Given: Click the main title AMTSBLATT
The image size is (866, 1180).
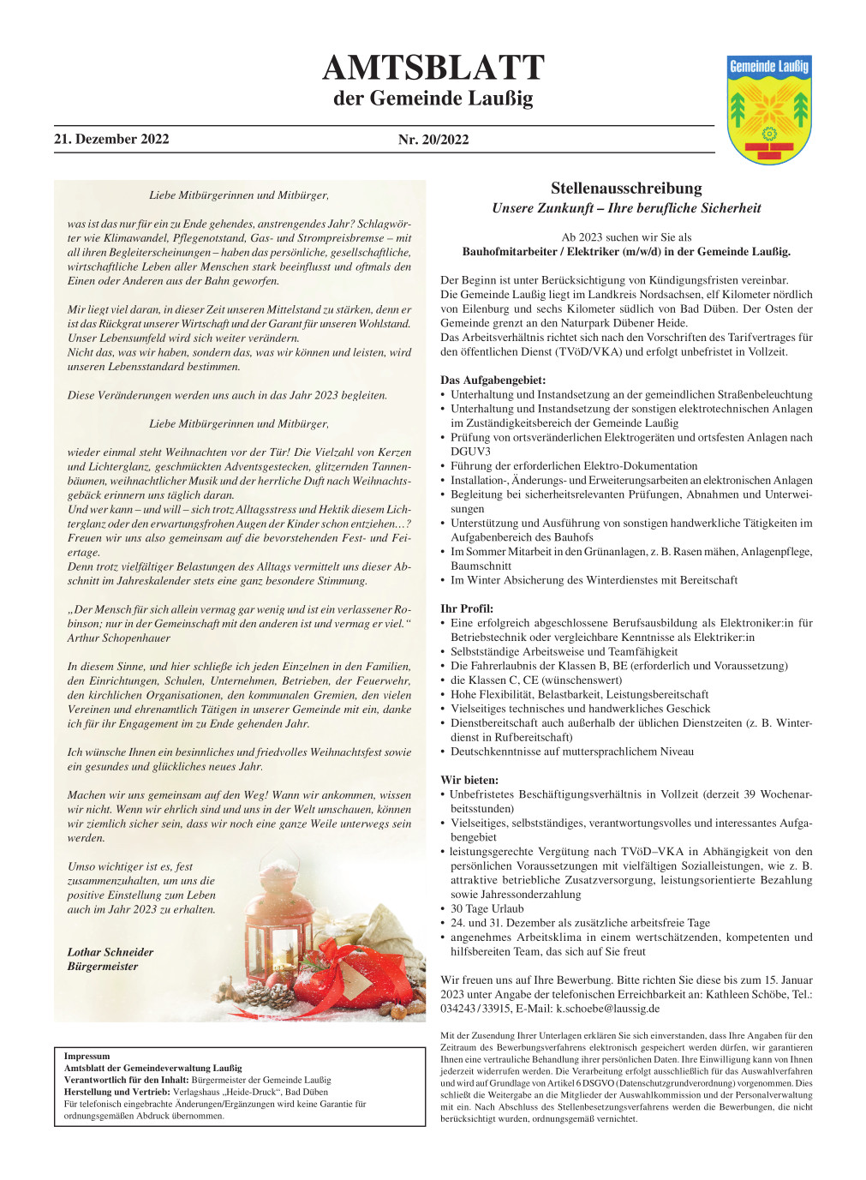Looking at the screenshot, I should (433, 68).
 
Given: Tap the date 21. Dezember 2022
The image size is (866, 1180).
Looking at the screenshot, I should (111, 139).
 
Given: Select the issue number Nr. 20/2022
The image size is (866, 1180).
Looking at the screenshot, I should (433, 140).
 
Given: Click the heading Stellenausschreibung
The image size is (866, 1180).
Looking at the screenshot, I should (626, 189).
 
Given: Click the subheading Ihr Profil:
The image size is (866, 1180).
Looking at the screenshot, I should (467, 608).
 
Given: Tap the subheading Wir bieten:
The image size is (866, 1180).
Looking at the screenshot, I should (469, 780).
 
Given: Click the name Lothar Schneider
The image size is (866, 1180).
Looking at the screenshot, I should (110, 952).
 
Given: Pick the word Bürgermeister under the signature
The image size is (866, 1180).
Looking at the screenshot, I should (103, 967).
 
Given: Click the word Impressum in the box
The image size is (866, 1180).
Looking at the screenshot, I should (87, 1056).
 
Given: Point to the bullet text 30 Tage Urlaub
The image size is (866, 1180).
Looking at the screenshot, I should (487, 908).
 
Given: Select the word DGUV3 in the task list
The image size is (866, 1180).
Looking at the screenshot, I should (470, 452).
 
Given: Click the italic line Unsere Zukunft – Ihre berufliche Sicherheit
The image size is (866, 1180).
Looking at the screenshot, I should (626, 208).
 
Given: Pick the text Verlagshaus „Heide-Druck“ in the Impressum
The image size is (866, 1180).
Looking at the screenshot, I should (233, 1092).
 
